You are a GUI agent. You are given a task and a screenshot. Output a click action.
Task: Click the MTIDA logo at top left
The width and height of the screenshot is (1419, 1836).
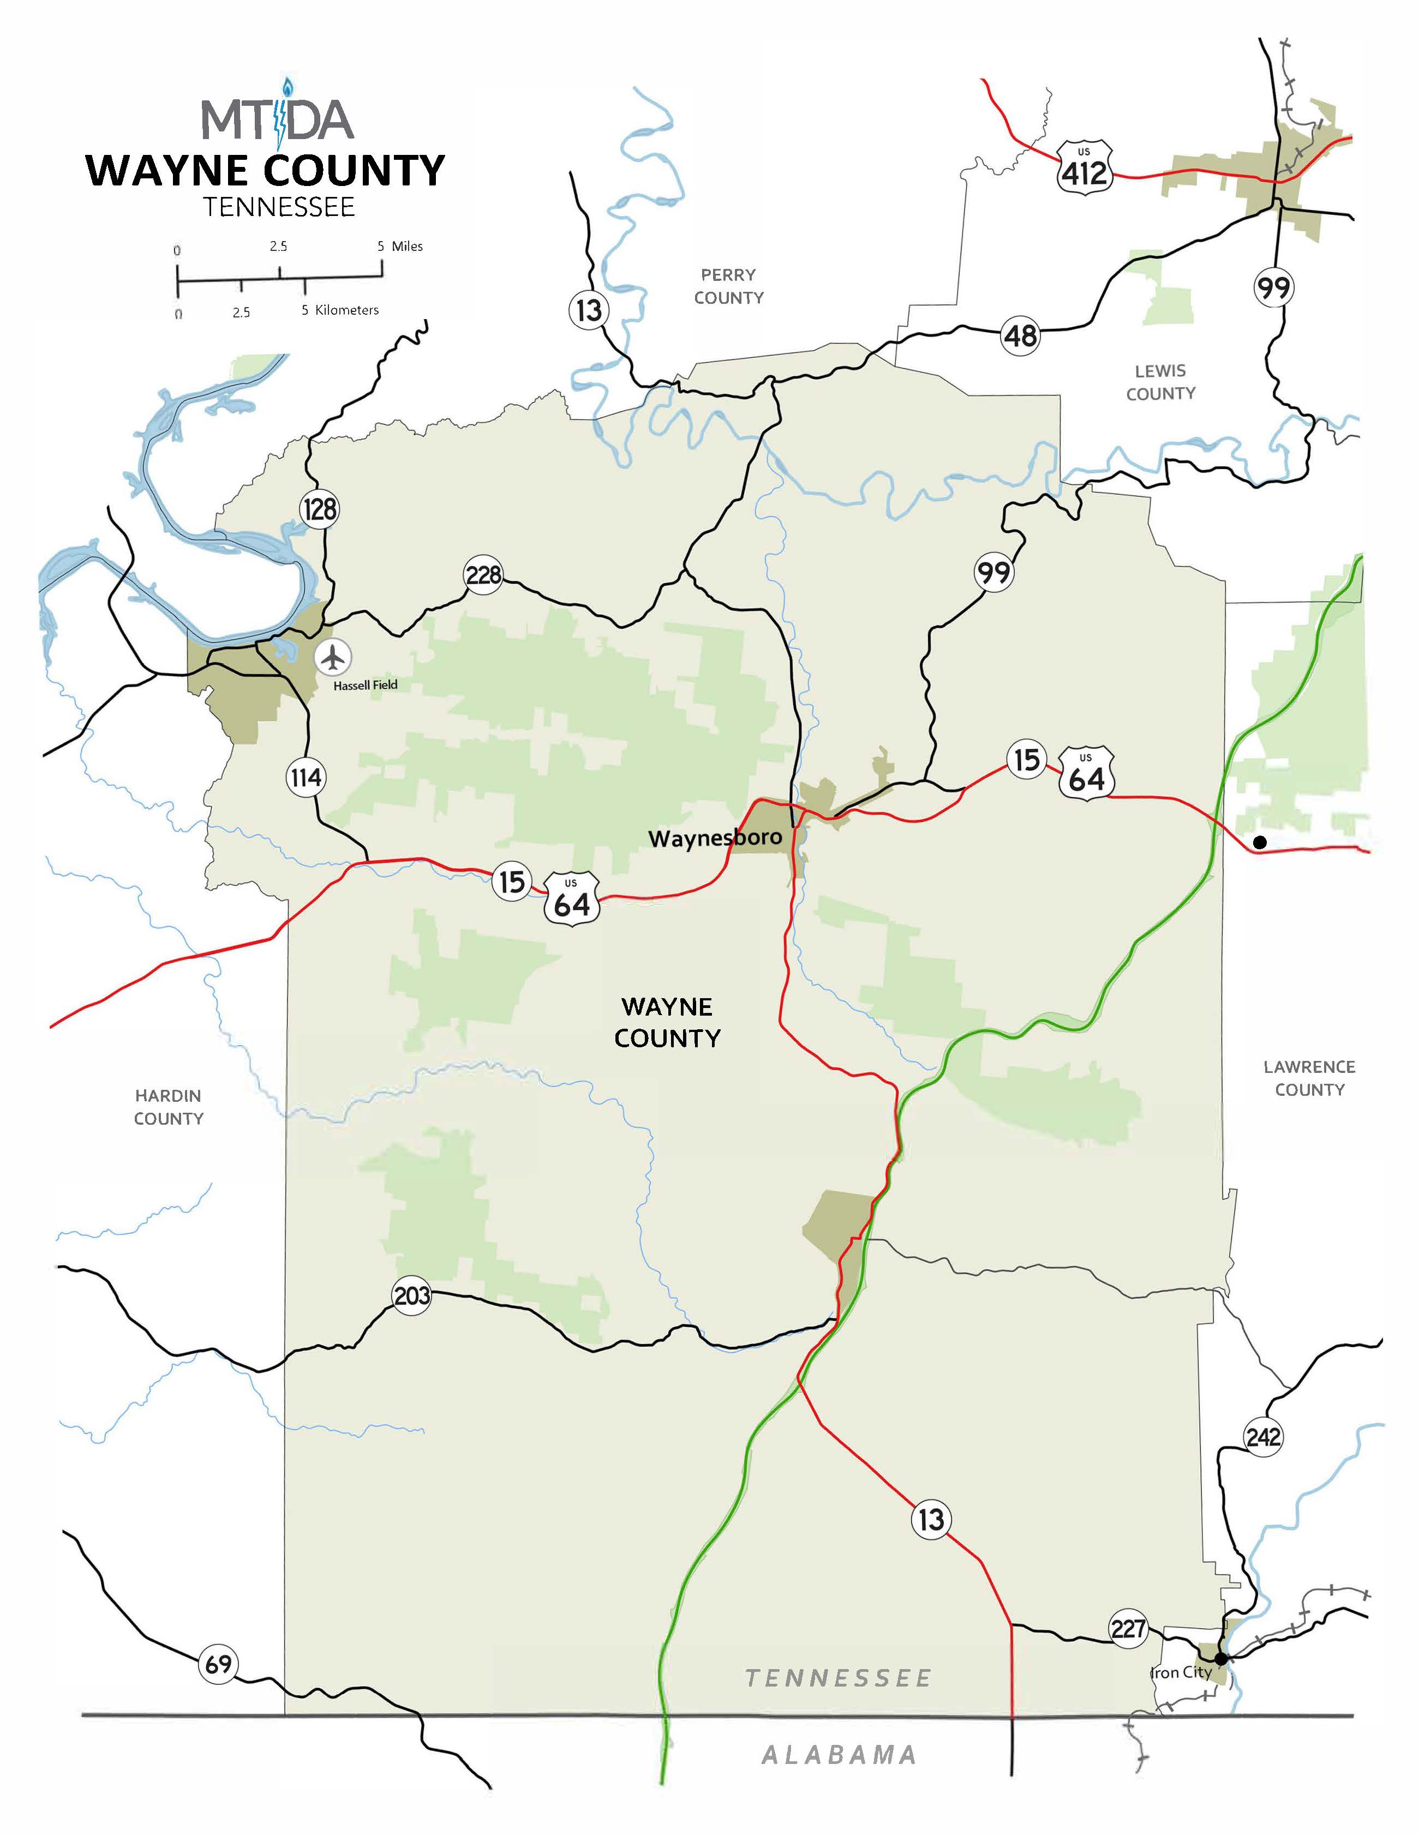(x=277, y=118)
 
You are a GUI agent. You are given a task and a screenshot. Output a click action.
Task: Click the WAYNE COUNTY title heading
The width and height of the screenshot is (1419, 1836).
(x=266, y=171)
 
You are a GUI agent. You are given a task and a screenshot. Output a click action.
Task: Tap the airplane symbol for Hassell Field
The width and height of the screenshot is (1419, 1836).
(x=334, y=657)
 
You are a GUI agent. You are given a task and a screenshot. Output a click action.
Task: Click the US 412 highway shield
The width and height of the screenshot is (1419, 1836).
(x=1085, y=169)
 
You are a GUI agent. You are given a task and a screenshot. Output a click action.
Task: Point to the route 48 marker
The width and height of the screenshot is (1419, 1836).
(x=1021, y=336)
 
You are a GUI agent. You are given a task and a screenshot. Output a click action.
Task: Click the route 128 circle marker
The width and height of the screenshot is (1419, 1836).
(x=320, y=508)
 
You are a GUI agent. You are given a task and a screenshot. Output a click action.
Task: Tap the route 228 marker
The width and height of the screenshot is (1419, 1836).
(x=483, y=575)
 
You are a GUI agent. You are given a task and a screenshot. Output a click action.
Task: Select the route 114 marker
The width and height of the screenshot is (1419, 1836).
(x=305, y=778)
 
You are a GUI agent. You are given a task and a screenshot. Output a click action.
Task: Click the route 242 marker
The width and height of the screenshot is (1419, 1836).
(x=1262, y=1437)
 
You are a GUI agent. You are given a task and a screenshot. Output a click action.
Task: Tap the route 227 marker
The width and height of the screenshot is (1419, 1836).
(x=1127, y=1629)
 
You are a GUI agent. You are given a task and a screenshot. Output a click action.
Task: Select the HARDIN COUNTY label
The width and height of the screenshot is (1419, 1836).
(x=168, y=1107)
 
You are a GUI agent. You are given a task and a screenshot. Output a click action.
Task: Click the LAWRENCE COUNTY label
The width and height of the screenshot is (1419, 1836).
(x=1309, y=1078)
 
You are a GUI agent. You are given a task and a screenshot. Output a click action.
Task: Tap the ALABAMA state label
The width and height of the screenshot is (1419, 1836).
(x=838, y=1755)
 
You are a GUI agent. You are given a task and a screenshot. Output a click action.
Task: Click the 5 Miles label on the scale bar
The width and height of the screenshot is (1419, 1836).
(x=400, y=247)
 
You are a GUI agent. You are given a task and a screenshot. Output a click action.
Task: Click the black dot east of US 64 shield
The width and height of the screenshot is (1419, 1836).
(x=1259, y=842)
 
